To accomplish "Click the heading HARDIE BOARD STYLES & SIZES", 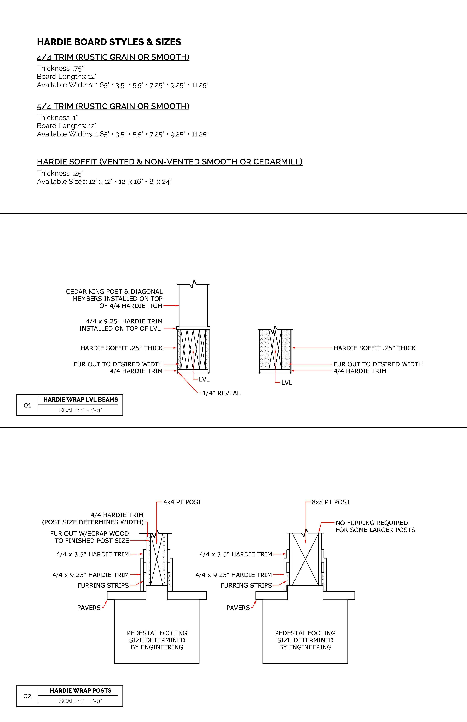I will (109, 42).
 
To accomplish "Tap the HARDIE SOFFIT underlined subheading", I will (170, 162).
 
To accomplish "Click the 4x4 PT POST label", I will (182, 502).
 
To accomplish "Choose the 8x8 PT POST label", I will (331, 502).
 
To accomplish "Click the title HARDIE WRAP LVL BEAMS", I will (81, 400).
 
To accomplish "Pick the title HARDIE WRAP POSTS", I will (81, 690).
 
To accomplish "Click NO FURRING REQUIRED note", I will (375, 526).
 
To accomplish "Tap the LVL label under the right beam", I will (287, 383).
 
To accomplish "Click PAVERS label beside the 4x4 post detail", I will (89, 608).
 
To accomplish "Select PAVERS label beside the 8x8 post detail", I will (238, 608).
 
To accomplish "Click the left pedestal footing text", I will (157, 640).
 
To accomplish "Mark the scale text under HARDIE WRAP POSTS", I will (80, 701).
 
